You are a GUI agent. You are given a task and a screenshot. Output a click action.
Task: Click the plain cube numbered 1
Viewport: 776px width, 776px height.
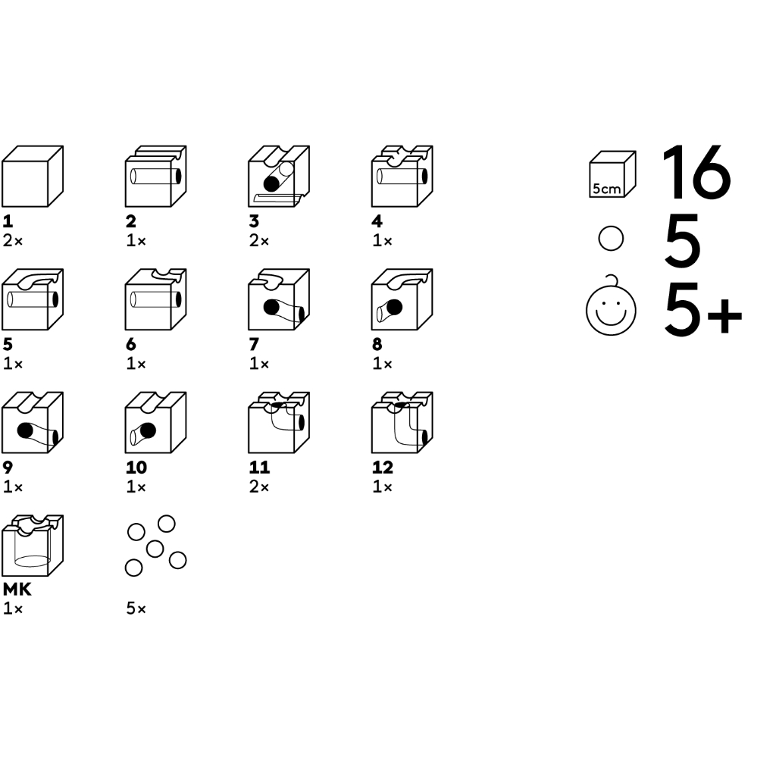(x=33, y=176)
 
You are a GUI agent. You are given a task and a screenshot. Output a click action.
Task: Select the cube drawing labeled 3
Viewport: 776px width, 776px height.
(x=279, y=176)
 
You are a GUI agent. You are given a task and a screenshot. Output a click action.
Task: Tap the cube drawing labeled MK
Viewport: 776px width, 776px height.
(x=33, y=546)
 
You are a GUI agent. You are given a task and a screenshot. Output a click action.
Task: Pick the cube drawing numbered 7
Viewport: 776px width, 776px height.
(x=279, y=299)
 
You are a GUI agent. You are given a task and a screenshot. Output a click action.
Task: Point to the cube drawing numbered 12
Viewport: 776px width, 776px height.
(x=402, y=423)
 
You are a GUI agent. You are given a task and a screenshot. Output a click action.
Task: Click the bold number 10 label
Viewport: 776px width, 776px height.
(x=136, y=467)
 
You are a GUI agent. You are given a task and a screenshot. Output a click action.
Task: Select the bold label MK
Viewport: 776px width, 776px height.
(x=17, y=590)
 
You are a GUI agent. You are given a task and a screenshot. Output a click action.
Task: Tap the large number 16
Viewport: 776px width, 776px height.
(x=696, y=172)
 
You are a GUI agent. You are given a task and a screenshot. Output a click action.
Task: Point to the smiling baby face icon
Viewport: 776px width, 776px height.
(x=611, y=306)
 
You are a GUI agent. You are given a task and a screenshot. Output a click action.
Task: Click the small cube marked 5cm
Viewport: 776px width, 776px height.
(x=612, y=174)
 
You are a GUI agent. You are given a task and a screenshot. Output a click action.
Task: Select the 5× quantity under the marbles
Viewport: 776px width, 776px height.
(x=136, y=609)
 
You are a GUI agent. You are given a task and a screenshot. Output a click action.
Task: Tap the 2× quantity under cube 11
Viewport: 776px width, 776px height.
(x=259, y=487)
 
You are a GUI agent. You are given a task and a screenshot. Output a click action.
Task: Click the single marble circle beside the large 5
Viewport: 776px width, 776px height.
(x=612, y=239)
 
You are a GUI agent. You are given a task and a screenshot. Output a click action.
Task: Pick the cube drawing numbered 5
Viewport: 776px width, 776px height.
(x=33, y=299)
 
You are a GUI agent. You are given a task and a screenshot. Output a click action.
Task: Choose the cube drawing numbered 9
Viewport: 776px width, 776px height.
(x=33, y=423)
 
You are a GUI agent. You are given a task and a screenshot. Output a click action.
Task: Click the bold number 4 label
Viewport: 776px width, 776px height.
(x=377, y=221)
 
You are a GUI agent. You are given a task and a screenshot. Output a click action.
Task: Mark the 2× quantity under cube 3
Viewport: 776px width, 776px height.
(x=259, y=241)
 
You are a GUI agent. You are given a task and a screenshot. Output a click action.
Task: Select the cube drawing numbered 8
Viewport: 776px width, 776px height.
(x=402, y=299)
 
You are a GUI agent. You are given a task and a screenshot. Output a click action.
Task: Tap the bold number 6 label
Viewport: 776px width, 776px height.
(x=131, y=344)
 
